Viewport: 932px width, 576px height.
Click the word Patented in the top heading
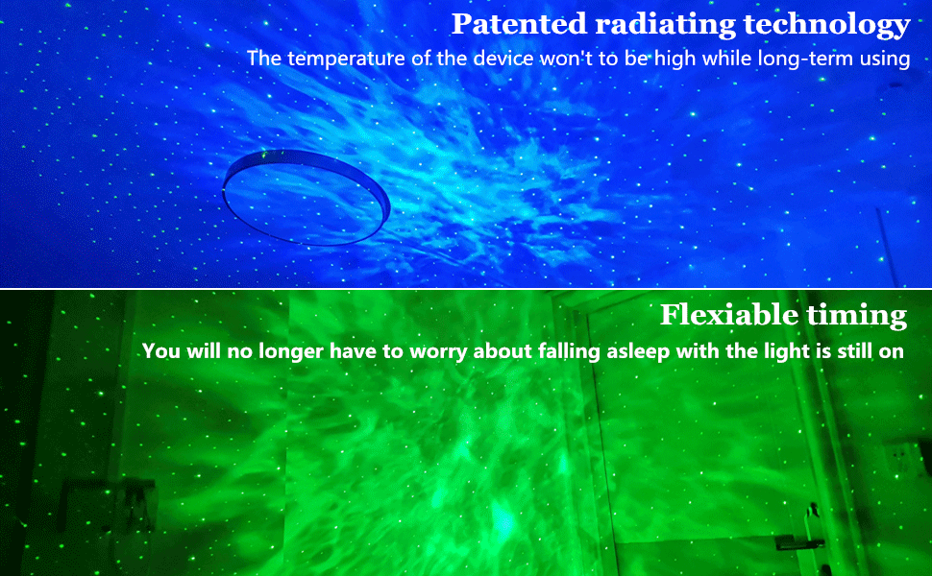(520, 24)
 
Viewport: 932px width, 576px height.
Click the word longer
(291, 352)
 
